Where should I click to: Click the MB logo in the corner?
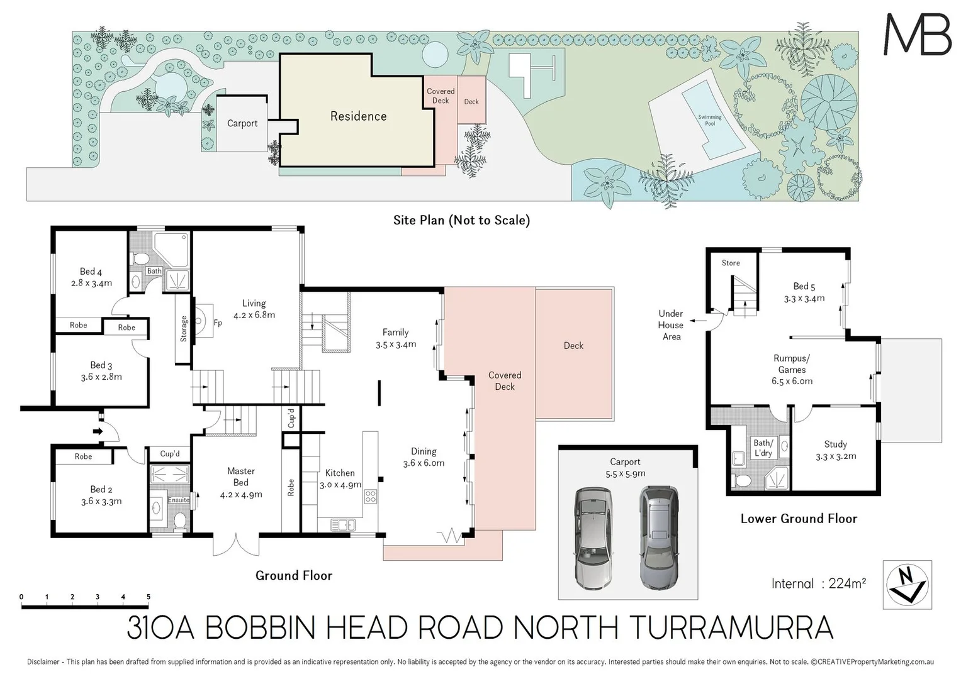click(x=918, y=35)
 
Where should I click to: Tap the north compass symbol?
click(x=907, y=585)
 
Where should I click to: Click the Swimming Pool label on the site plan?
click(x=709, y=120)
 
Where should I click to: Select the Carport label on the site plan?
click(x=242, y=123)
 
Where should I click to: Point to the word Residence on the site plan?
click(x=358, y=116)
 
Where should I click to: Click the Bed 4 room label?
click(x=91, y=272)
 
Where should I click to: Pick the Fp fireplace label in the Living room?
click(x=218, y=323)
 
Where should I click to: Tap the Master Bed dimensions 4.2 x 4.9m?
click(x=241, y=494)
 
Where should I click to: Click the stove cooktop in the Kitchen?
click(x=371, y=496)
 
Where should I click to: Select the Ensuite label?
click(x=179, y=500)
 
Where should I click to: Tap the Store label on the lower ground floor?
click(x=731, y=263)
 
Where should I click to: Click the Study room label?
click(x=835, y=444)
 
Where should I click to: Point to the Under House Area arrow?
click(x=694, y=321)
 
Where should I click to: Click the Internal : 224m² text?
click(x=818, y=583)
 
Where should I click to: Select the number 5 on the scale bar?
click(x=149, y=597)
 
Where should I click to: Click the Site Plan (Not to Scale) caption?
click(x=461, y=220)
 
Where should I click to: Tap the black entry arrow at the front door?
click(x=98, y=431)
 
